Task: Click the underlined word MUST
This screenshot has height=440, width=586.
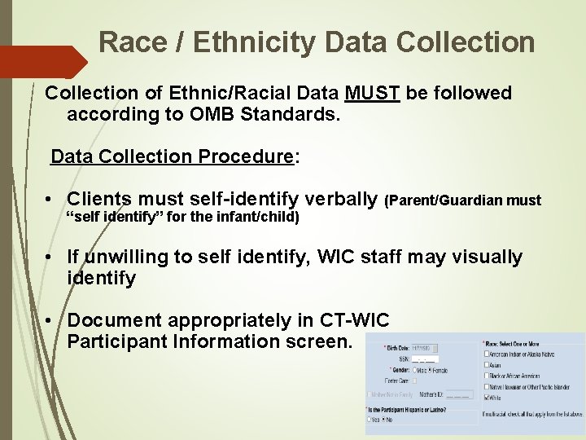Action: point(372,94)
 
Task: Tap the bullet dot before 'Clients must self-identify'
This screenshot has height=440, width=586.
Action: point(50,200)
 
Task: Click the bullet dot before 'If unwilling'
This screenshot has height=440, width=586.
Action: point(50,257)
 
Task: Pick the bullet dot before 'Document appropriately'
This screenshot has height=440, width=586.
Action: point(50,321)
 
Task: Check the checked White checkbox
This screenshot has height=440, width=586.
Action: point(487,398)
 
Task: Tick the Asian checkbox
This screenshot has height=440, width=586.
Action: point(487,365)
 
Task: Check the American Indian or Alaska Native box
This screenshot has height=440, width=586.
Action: point(487,354)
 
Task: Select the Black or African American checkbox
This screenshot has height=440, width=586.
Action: point(487,376)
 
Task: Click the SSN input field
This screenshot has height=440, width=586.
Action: point(425,359)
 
